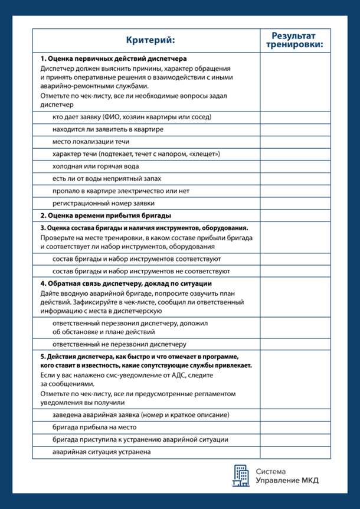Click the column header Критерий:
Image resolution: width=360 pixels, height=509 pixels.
coord(150,40)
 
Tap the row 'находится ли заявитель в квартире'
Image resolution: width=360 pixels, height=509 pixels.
coord(108,129)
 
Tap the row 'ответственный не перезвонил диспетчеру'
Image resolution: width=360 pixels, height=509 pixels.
coord(119,344)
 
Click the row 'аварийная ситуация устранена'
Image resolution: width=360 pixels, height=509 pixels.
coord(102,452)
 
